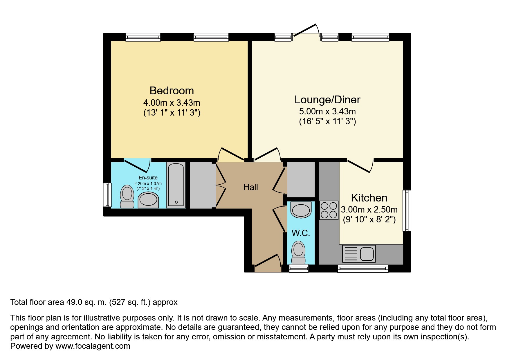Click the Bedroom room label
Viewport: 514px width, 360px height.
pyautogui.click(x=172, y=91)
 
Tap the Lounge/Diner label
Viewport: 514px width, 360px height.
pyautogui.click(x=327, y=100)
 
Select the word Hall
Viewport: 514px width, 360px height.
pyautogui.click(x=250, y=187)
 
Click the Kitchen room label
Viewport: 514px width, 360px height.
pyautogui.click(x=369, y=198)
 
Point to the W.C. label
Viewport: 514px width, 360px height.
pyautogui.click(x=301, y=233)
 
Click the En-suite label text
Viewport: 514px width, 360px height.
pyautogui.click(x=148, y=177)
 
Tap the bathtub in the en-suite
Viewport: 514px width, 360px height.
pyautogui.click(x=176, y=185)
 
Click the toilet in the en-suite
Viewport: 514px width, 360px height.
pyautogui.click(x=127, y=197)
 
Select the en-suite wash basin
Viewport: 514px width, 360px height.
pyautogui.click(x=148, y=200)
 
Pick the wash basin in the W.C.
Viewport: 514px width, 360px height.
pyautogui.click(x=301, y=210)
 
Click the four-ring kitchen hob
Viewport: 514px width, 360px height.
pyautogui.click(x=329, y=210)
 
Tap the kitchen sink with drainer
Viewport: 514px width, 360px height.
pyautogui.click(x=359, y=253)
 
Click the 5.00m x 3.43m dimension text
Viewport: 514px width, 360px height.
pyautogui.click(x=327, y=111)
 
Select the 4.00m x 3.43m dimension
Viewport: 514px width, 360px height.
pyautogui.click(x=172, y=102)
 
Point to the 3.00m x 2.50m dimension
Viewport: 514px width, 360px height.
pyautogui.click(x=369, y=209)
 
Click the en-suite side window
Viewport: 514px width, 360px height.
pyautogui.click(x=107, y=195)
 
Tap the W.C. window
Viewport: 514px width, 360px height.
pyautogui.click(x=299, y=269)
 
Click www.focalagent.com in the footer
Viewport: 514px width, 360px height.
pyautogui.click(x=93, y=346)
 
